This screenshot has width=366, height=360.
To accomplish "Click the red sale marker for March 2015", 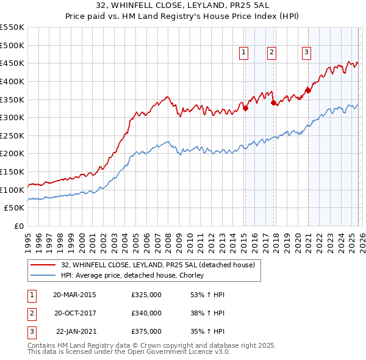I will pos(245,109).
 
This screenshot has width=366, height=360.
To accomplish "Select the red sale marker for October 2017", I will pos(273,103).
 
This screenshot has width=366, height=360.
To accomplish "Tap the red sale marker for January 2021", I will pos(308,90).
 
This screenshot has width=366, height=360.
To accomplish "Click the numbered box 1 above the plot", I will pos(243,52).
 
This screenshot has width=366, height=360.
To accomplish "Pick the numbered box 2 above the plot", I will pos(271,52).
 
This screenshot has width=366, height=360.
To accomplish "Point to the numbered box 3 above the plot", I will pos(306,52).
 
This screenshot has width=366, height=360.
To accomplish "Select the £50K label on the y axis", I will pos(15,208).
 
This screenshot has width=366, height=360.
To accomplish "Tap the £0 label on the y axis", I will pos(19,226).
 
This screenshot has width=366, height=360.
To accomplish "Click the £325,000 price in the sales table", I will pos(146,294).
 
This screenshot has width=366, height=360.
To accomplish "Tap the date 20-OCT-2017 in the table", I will pos(74,313).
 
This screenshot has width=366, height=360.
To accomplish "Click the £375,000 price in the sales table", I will pos(146,332).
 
